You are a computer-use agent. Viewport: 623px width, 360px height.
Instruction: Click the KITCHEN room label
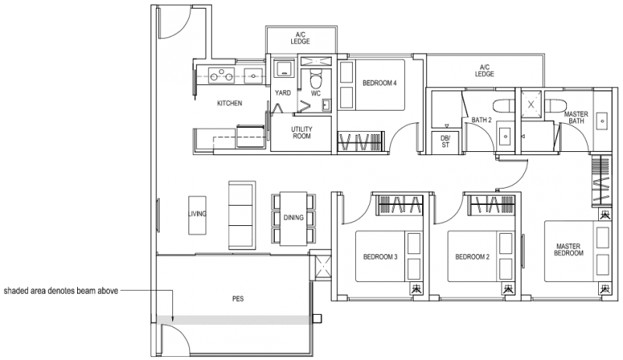(229, 103)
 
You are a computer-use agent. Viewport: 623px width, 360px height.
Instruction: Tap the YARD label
(283, 93)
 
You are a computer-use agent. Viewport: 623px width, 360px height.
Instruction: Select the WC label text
(316, 93)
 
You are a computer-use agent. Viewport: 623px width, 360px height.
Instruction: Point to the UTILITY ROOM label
(301, 132)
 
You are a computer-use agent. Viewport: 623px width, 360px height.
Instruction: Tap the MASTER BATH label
(576, 118)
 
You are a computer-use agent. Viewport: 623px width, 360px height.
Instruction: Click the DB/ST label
(445, 140)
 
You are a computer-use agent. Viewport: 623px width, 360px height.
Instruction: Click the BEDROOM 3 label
(380, 257)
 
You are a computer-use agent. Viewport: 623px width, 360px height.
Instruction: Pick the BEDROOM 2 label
(471, 257)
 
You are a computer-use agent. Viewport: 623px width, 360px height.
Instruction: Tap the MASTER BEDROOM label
(568, 249)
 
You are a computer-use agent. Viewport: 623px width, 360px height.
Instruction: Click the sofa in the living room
(241, 214)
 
